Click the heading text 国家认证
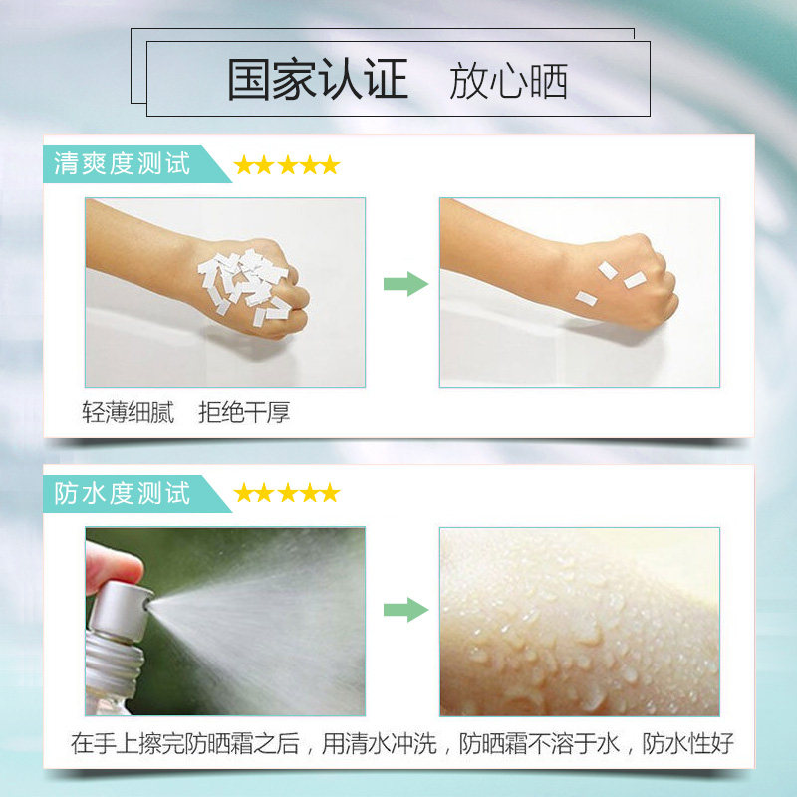tap(318, 81)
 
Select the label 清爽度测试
tap(123, 163)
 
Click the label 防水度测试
tap(123, 493)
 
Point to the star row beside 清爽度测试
tap(286, 165)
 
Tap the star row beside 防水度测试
tap(286, 493)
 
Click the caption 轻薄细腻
tap(128, 412)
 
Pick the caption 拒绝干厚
tap(244, 412)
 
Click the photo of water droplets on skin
tap(579, 622)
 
